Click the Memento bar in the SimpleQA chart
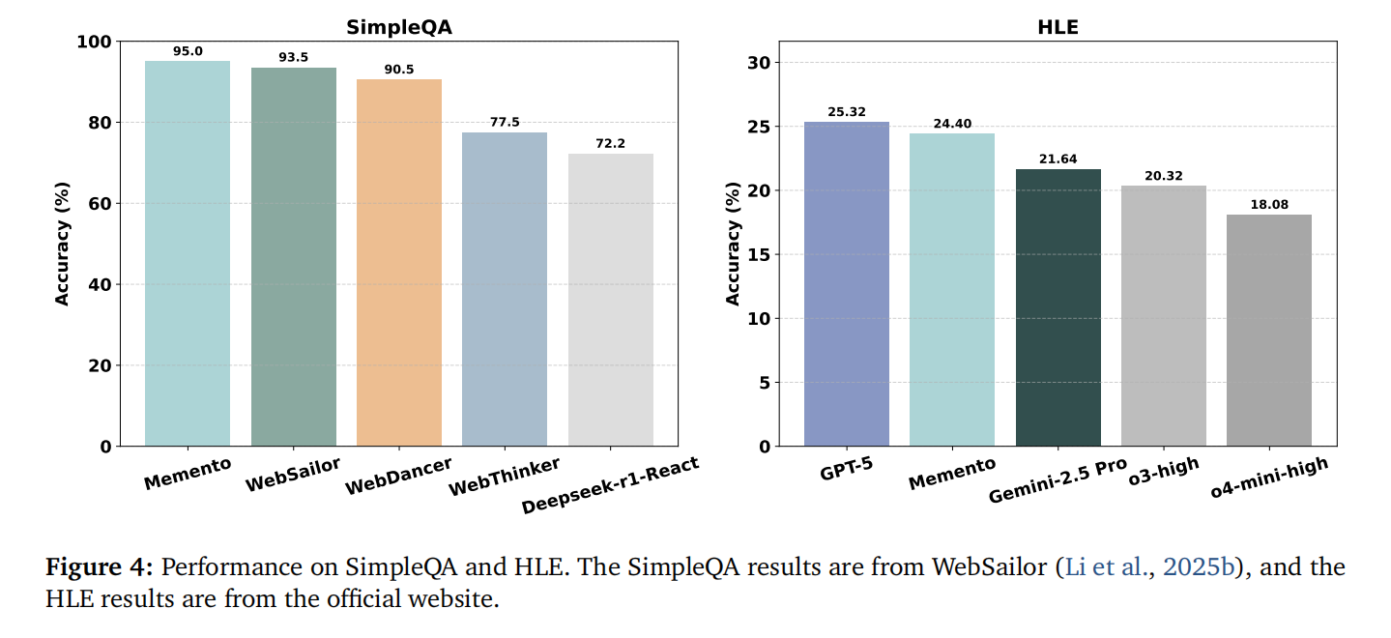click(x=188, y=253)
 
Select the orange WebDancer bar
click(x=399, y=262)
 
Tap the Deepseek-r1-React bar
click(x=611, y=300)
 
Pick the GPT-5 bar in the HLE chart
click(x=847, y=283)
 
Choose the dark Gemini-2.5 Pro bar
click(x=1058, y=307)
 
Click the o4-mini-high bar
click(x=1268, y=330)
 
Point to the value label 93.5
click(x=294, y=58)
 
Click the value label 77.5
click(x=505, y=123)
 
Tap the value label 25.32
click(x=847, y=112)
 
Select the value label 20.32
click(x=1163, y=176)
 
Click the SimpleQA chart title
click(x=399, y=28)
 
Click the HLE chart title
click(x=1058, y=28)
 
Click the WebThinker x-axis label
click(x=505, y=476)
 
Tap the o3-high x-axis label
click(x=1164, y=474)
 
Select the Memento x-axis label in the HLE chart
click(x=952, y=473)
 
